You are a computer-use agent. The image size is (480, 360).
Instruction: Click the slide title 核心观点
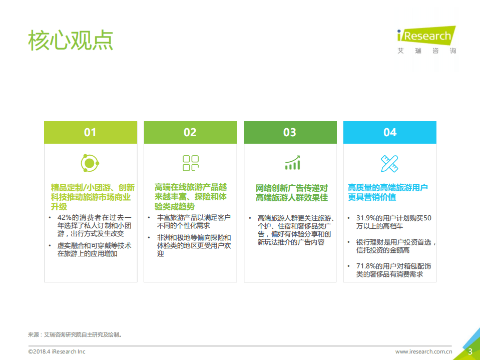[71, 41]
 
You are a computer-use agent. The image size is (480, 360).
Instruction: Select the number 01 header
[90, 132]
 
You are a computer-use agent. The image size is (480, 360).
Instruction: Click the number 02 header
[190, 132]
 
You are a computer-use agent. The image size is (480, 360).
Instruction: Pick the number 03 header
[290, 132]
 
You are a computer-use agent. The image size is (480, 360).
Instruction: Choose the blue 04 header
[390, 132]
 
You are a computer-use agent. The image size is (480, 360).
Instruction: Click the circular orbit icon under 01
[90, 163]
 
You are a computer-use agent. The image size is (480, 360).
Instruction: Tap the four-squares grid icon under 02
[190, 163]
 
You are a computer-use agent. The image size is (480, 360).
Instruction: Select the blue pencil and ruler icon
[389, 163]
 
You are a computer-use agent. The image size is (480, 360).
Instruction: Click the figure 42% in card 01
[65, 217]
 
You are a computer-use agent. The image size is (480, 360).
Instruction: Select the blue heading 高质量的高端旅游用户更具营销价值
[388, 192]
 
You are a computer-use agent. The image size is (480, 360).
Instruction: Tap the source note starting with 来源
[75, 334]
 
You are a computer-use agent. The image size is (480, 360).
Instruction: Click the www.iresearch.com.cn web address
[424, 351]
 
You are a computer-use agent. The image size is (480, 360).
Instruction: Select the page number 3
[470, 351]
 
